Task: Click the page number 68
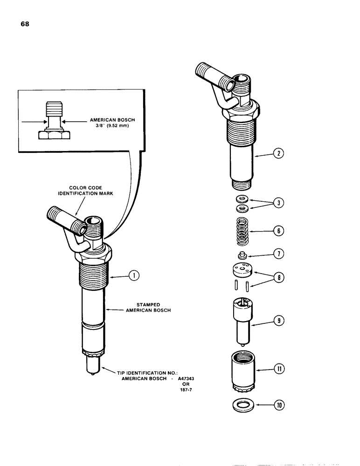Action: [25, 25]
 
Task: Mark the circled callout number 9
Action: [279, 321]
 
